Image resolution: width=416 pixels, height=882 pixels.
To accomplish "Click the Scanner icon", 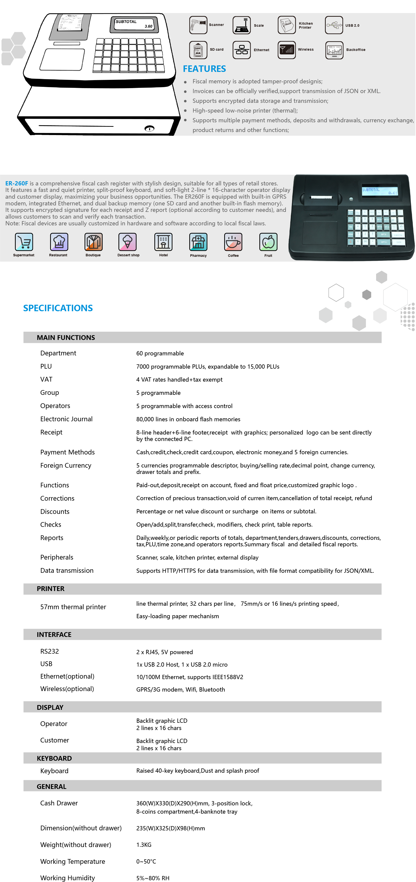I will [198, 25].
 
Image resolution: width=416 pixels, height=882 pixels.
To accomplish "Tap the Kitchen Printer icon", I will [286, 25].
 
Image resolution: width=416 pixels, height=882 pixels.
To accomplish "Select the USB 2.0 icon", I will [333, 25].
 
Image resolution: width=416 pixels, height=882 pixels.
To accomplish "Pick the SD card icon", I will [198, 50].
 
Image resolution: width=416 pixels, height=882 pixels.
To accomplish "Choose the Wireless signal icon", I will [286, 50].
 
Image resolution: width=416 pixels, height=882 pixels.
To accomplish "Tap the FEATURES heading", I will [204, 69].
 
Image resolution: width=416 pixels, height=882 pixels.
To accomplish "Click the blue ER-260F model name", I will [16, 183].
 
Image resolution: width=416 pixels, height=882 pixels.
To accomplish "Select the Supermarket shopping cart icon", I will [24, 242].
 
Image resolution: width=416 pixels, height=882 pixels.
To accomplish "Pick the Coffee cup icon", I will [233, 242].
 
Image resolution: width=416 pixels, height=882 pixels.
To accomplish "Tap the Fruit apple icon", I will [268, 242].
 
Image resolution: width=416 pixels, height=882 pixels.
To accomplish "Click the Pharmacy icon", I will [198, 242].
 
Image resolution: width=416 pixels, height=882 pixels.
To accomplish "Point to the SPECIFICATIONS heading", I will [58, 308].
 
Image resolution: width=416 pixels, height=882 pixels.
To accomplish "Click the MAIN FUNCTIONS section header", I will [66, 338].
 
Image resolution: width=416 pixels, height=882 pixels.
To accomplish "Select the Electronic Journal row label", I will [66, 419].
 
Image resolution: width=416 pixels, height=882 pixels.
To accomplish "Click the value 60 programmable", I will [160, 353].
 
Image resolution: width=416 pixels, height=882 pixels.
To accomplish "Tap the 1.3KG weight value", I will [144, 845].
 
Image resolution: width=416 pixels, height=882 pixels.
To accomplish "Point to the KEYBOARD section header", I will [54, 758].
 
